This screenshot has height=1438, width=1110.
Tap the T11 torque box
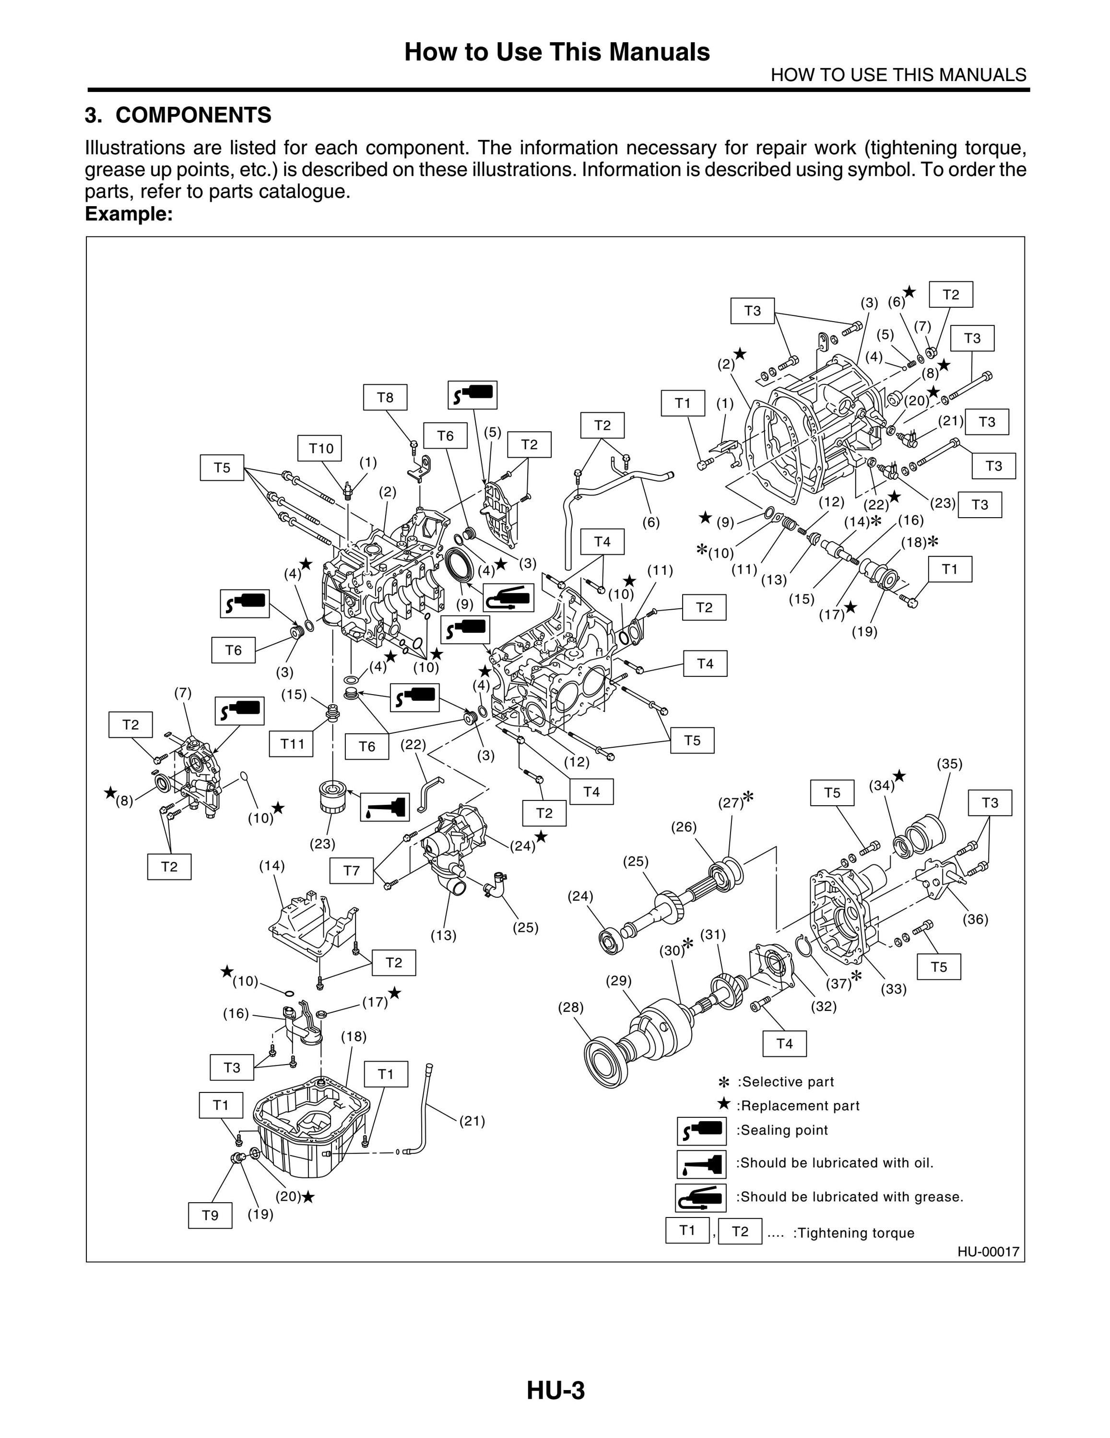(x=291, y=744)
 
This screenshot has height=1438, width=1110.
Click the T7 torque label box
(x=351, y=871)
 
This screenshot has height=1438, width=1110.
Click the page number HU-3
(x=555, y=1391)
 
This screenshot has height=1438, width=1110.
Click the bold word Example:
(x=129, y=214)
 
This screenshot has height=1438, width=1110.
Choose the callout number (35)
(x=949, y=764)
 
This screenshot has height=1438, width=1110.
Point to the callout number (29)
(x=619, y=980)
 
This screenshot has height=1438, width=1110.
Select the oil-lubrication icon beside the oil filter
(x=385, y=806)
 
